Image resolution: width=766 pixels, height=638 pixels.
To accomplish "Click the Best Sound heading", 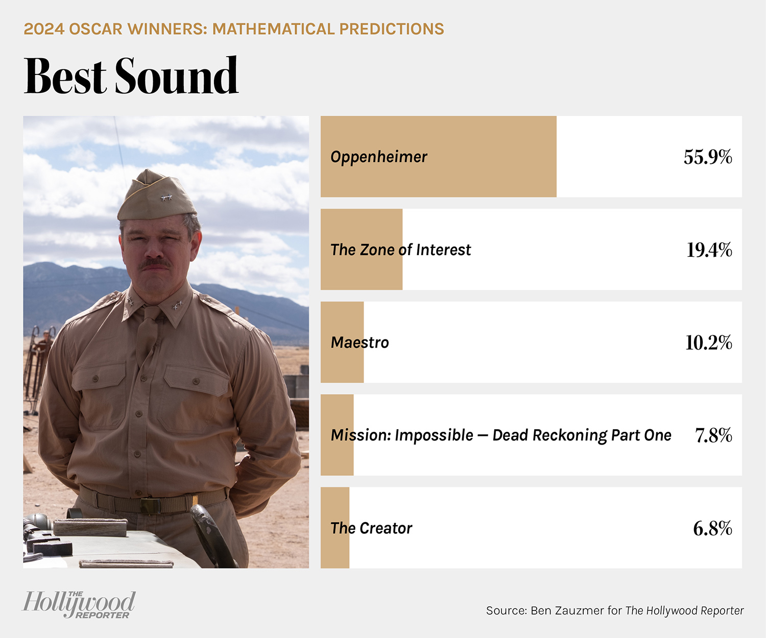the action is pos(131,76).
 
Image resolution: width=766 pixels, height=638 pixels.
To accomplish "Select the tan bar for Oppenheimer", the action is pos(438,157).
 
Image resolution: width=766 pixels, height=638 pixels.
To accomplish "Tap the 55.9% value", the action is pos(708,157).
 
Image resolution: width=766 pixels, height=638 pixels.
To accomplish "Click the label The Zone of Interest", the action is pos(400,250).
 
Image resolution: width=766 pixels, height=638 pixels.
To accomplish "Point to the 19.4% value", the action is pos(709,250).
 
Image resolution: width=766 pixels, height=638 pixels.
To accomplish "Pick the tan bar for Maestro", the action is pos(342,342).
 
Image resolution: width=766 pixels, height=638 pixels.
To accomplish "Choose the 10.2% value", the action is pos(709,342).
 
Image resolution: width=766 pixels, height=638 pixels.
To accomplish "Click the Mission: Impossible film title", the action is pos(501,435).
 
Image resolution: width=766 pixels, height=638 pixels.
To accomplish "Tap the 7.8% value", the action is pos(713,435).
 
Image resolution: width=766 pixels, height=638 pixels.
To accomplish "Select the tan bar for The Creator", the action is pos(335,528).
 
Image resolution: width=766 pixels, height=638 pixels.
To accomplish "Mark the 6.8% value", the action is pos(712,528).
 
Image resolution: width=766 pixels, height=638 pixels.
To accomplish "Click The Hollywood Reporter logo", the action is pos(79,604).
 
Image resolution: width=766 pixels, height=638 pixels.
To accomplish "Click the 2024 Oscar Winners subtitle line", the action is pos(234,29).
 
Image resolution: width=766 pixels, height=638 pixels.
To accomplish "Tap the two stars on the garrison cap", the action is pos(166,198).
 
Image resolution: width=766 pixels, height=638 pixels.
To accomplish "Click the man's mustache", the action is pos(156,263).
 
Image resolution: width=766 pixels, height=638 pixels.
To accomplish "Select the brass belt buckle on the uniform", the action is pos(151,506).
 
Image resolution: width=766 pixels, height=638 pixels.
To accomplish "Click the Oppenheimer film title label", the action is pos(378,157).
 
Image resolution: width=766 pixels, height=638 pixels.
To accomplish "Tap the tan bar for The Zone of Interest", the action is pos(362,250).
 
